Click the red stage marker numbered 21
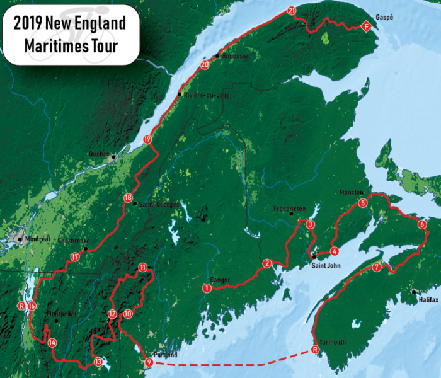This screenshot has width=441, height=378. coord(291,11)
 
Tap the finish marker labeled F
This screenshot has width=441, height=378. coord(366,26)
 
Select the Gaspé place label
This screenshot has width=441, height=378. coord(384,18)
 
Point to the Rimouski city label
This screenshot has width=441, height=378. coord(236,56)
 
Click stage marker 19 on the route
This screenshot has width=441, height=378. coord(147,139)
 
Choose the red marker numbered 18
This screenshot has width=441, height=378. coord(129,198)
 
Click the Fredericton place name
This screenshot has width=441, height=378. coord(290,208)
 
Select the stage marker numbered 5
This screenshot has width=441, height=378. coord(362,203)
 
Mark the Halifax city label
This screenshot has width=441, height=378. coord(428,301)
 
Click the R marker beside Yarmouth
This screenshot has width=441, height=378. coord(315,350)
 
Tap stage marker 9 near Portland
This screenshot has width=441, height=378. coord(149,362)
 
